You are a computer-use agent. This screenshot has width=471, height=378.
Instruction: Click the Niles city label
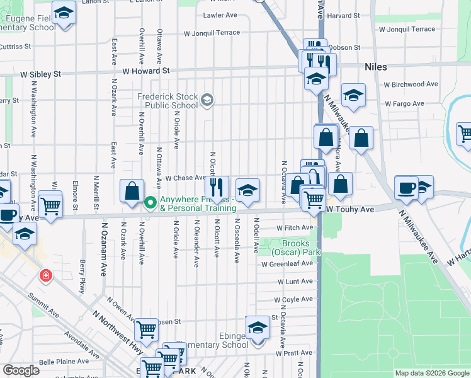click(375, 66)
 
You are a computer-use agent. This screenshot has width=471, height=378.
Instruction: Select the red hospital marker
click(45, 276)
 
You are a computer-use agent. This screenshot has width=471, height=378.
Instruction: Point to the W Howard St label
click(147, 71)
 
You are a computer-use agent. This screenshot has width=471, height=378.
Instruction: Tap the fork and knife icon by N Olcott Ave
click(216, 187)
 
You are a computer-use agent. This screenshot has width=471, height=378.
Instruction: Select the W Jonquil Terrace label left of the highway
click(212, 33)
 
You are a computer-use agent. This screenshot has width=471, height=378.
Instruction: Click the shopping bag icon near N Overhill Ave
click(132, 191)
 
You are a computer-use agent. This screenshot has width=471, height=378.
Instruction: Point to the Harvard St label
click(343, 15)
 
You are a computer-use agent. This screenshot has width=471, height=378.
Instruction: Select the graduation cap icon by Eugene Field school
click(64, 13)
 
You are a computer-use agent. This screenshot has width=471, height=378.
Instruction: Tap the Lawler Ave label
click(220, 15)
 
